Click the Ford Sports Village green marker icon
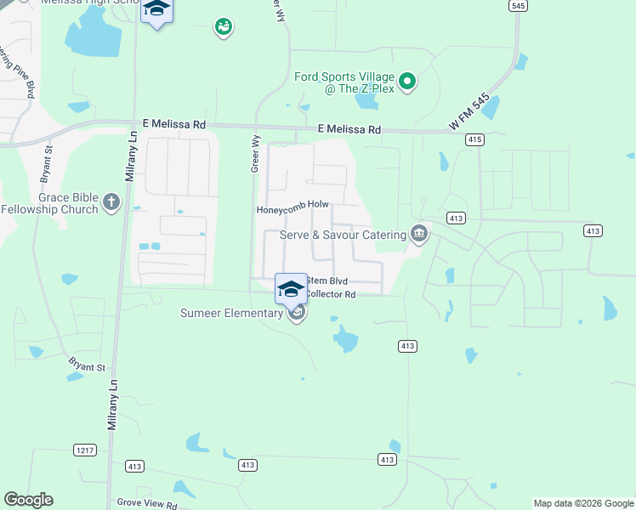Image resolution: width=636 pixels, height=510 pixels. [x=407, y=82]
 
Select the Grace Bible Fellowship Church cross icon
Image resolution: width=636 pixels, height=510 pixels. [x=111, y=202]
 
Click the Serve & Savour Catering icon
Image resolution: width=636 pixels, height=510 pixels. [x=418, y=233]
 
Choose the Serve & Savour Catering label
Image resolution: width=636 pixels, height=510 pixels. [x=343, y=235]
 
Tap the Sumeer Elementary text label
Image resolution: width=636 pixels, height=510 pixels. [x=231, y=313]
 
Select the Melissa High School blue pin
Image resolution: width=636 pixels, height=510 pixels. [x=156, y=10]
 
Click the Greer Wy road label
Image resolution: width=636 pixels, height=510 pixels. [x=255, y=153]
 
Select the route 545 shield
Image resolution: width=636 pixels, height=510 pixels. [x=517, y=5]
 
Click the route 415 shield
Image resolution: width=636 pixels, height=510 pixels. [x=474, y=139]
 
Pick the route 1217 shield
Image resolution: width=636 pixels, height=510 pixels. [x=84, y=450]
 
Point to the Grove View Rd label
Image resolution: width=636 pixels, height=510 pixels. [x=147, y=505]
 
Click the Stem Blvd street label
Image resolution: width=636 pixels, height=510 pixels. [x=327, y=280]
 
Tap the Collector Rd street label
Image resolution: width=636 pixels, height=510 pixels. [x=330, y=294]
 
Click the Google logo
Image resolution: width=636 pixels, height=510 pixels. [x=29, y=500]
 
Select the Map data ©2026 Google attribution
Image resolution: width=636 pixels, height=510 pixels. [x=582, y=503]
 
